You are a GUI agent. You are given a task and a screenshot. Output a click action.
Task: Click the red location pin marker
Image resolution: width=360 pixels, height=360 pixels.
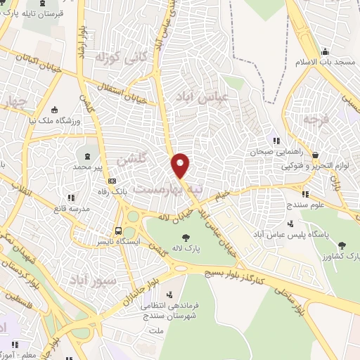coord(181,165)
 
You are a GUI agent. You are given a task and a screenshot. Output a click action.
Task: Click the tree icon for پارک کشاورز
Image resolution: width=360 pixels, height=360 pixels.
coord(342,245)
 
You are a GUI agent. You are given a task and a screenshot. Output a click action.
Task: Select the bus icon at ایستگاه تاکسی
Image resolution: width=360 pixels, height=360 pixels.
coord(119,230)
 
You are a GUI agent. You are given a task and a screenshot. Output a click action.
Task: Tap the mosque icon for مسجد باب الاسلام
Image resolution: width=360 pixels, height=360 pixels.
coord(325,52)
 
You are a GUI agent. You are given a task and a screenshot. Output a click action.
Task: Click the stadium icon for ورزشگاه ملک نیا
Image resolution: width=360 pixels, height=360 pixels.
coord(54,109)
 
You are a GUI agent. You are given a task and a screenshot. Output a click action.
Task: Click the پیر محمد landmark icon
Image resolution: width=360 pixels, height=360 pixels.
coord(86,155)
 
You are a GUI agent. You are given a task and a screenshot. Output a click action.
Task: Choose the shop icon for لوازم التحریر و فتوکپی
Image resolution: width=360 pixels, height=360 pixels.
coord(316,156)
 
